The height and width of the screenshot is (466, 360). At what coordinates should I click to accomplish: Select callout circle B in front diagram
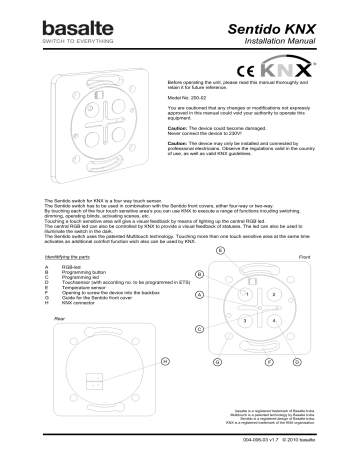200,274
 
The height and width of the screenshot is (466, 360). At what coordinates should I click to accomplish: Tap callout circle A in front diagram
200,296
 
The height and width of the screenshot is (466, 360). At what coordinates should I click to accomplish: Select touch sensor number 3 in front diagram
246,321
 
